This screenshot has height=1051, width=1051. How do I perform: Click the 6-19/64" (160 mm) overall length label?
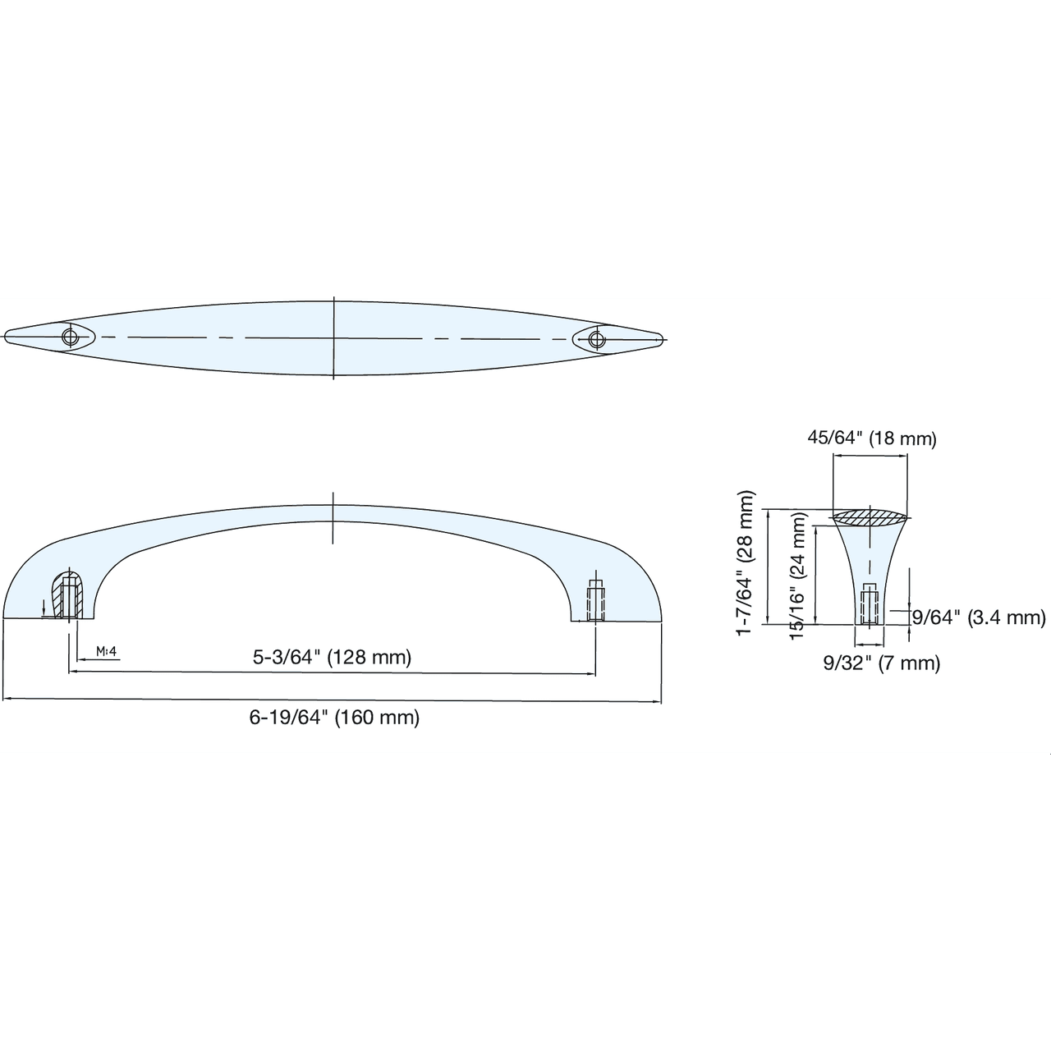[334, 717]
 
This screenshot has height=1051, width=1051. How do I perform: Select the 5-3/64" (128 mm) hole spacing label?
[332, 657]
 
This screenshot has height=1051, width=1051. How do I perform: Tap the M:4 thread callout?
[107, 651]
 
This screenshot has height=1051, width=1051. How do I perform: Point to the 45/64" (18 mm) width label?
[871, 438]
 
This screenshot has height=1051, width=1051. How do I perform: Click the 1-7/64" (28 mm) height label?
[745, 563]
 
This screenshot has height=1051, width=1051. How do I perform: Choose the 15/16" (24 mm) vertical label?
[798, 576]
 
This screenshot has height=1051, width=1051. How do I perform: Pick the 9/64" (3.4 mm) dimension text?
[979, 617]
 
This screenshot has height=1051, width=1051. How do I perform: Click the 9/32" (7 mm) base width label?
[881, 663]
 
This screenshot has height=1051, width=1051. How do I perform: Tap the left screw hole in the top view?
[70, 337]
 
